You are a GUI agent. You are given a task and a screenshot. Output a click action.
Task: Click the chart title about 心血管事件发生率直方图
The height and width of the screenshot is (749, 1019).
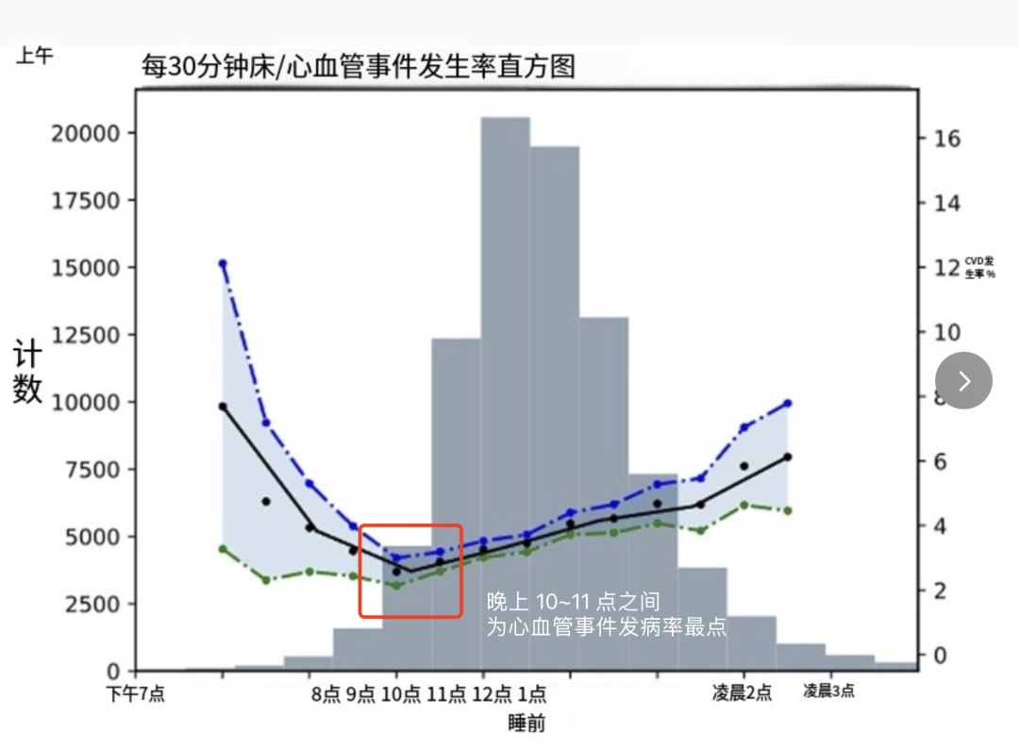358,67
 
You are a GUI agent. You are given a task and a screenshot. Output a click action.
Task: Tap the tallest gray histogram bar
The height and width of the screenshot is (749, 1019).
506,377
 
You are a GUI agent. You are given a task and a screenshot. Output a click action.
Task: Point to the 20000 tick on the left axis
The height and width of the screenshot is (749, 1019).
85,133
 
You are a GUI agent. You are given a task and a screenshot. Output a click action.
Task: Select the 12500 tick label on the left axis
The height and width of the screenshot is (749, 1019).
85,335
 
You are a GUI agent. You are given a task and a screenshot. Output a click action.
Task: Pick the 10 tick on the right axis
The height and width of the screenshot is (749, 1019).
947,333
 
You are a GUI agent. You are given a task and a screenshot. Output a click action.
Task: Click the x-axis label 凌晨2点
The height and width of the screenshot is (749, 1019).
742,693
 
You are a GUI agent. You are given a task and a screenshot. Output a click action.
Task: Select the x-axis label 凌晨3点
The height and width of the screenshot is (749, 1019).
828,691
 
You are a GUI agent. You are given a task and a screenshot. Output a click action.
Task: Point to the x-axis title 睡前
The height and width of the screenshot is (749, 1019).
526,724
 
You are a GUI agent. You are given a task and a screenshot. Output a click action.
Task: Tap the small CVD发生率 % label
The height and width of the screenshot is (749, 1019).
979,267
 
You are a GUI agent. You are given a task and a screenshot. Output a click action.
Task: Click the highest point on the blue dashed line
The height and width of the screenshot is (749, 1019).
223,263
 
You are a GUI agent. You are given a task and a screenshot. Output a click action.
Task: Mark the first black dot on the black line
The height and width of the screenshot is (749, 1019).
223,407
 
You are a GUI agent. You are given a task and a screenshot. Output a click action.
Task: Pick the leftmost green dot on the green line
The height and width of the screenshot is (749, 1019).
223,548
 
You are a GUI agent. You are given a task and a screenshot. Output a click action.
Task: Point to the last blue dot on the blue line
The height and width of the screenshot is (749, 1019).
787,404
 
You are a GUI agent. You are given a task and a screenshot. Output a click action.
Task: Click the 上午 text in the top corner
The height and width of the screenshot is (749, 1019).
34,57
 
